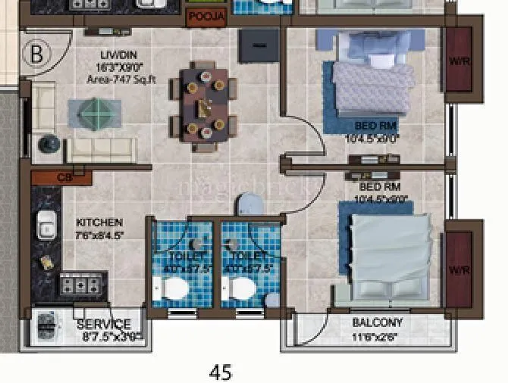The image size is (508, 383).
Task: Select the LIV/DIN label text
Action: click(x=118, y=55)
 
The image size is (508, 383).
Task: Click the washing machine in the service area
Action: click(x=49, y=326)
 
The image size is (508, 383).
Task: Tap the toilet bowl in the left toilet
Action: click(x=174, y=288)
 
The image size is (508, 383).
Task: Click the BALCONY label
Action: click(x=377, y=322)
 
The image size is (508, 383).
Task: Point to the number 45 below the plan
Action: click(x=221, y=372)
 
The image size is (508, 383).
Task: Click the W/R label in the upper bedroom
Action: click(x=458, y=61)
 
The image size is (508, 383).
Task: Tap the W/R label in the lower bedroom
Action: click(x=458, y=271)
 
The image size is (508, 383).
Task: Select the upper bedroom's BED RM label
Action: click(x=375, y=125)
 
